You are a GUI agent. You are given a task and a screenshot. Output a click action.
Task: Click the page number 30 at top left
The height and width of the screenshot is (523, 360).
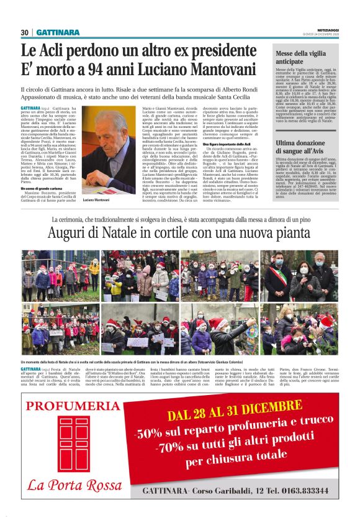(25, 32)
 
